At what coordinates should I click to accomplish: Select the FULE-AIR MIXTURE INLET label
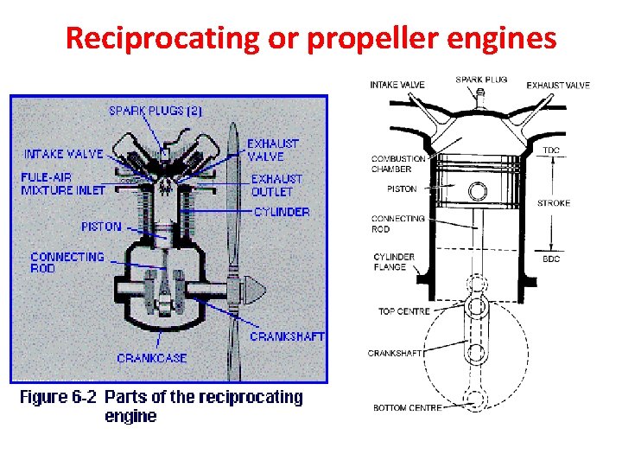coord(62,183)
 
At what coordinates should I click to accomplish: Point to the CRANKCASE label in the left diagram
coord(151,357)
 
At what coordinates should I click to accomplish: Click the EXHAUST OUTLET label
coord(273,185)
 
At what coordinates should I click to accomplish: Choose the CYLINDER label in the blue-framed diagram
coord(282,212)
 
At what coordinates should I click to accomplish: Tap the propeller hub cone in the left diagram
coord(250,285)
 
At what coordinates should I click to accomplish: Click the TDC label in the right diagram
coord(551,150)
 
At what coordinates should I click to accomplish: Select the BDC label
coord(551,259)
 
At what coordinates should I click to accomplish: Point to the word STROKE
coord(554,203)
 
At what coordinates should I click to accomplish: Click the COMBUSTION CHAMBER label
coord(397,163)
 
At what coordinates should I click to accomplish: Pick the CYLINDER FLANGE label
coord(394,262)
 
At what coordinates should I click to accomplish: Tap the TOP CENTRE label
coord(403,310)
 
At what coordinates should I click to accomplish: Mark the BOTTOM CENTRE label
coord(407,407)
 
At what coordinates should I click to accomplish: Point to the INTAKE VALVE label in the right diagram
coord(397,85)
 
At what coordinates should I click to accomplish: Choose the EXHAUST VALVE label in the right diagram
coord(558,85)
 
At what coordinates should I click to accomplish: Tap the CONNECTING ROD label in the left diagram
coord(67,262)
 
